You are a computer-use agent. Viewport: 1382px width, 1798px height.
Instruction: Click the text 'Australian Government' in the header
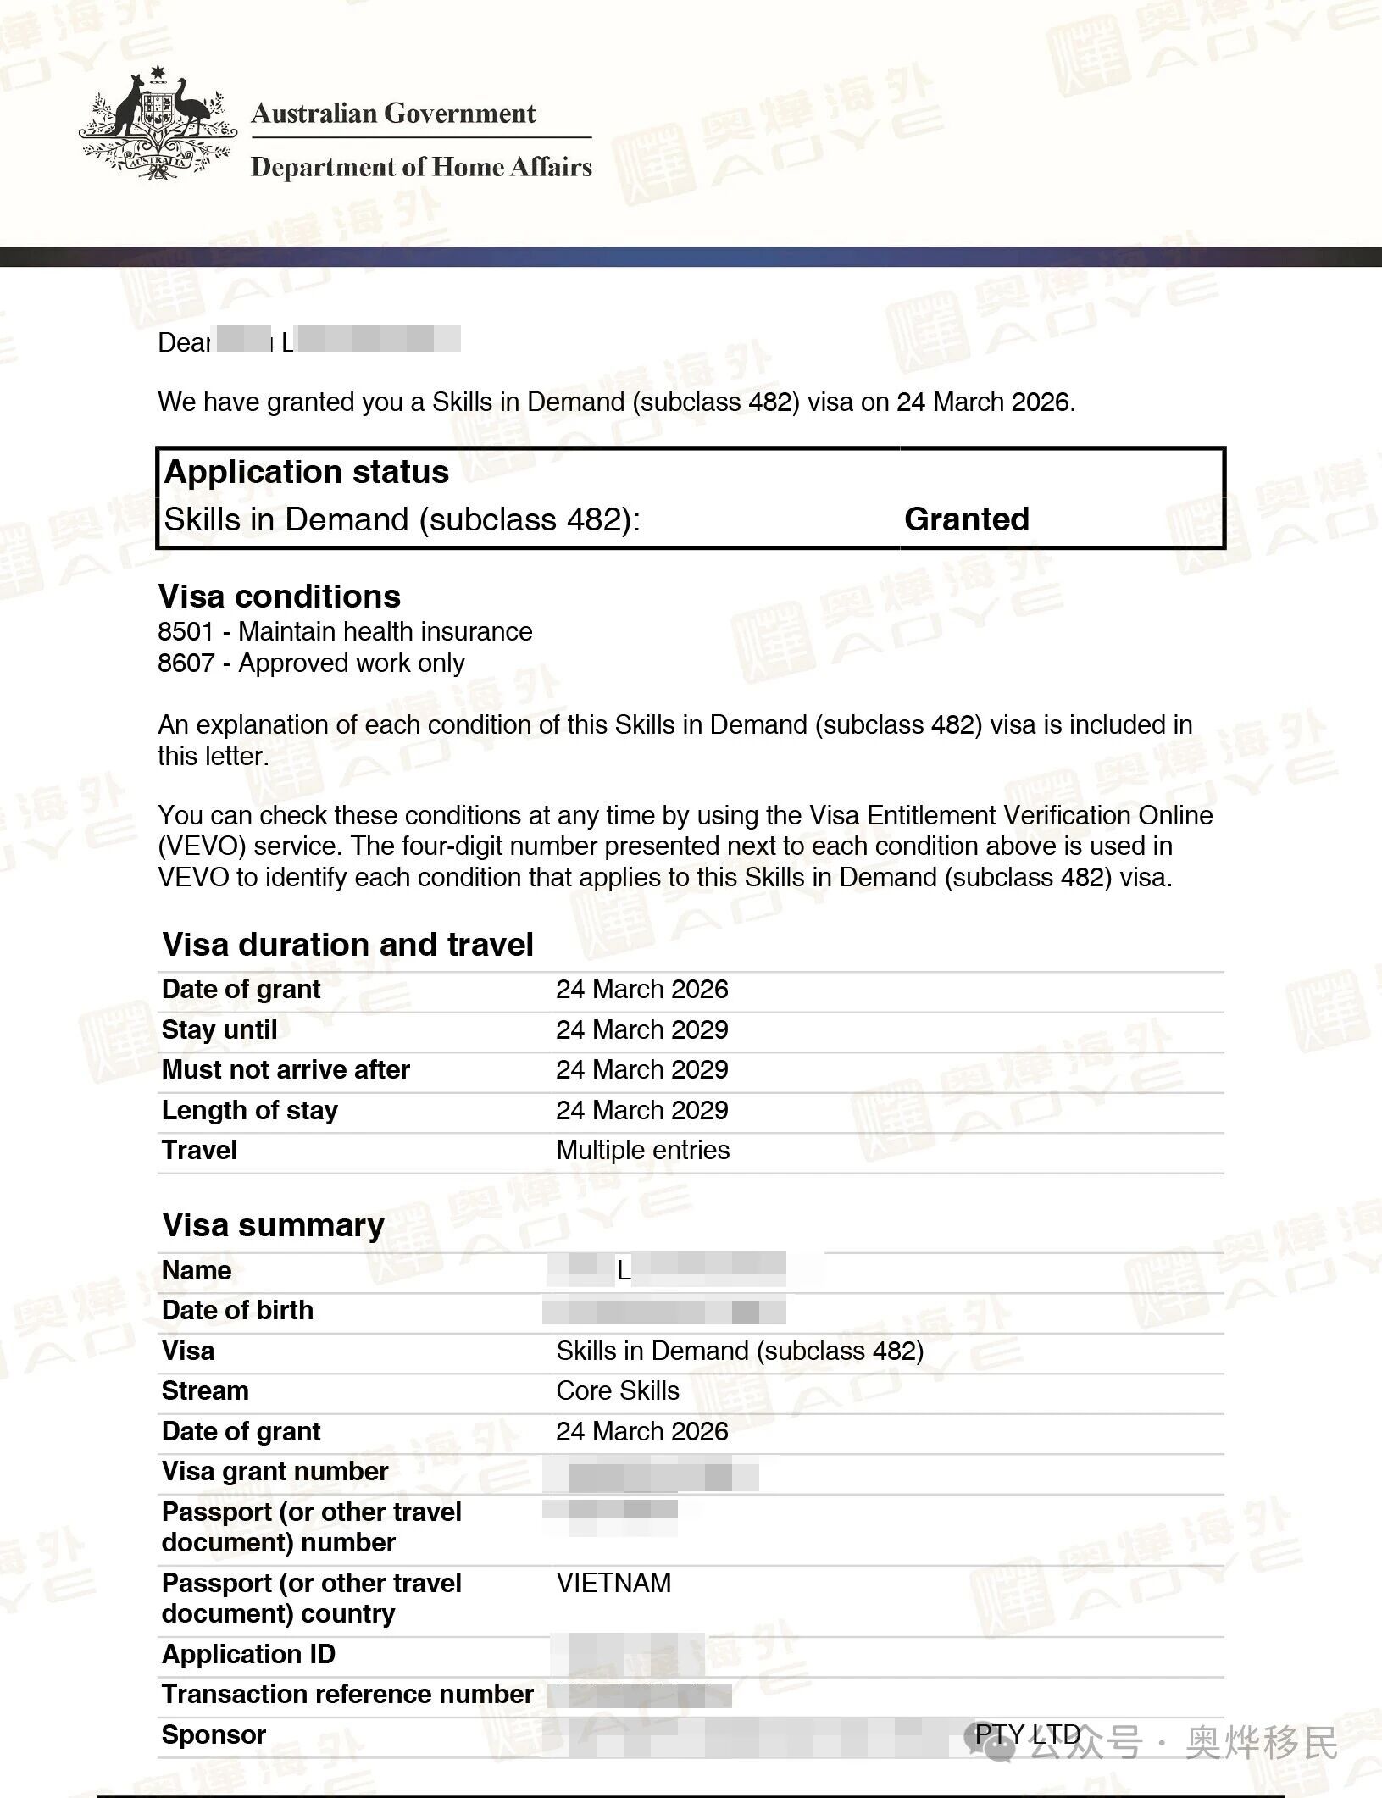coord(393,113)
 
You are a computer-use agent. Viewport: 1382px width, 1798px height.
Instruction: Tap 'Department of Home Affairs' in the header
coord(421,167)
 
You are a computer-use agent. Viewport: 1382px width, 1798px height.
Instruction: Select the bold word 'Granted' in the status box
coord(966,519)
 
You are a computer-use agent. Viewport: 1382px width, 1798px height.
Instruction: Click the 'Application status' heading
coord(306,472)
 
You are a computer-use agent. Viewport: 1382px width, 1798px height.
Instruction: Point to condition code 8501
coord(186,631)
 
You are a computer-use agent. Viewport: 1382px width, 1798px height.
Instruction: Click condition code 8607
coord(186,663)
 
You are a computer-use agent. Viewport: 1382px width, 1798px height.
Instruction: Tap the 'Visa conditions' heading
coord(279,597)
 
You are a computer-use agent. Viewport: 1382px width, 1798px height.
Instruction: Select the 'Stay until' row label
coord(219,1029)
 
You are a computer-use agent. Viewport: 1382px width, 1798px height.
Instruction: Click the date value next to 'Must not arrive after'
coord(641,1069)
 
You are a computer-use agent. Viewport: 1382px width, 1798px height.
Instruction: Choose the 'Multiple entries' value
coord(642,1150)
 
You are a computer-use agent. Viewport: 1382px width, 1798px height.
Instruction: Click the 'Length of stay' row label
coord(249,1110)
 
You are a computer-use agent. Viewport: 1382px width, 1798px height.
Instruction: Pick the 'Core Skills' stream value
coord(618,1390)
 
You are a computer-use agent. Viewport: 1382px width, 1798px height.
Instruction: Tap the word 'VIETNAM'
coord(613,1583)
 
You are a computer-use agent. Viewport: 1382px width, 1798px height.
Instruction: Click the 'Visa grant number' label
coord(275,1471)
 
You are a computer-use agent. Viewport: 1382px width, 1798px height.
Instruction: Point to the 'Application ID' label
coord(248,1654)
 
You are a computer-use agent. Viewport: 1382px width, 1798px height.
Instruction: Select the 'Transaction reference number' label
coord(347,1694)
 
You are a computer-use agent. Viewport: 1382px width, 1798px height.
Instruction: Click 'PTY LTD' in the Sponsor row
coord(1027,1734)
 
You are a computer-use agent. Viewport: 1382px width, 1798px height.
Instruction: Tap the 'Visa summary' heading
coord(273,1225)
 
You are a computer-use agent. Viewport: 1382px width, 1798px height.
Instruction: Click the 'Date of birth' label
coord(237,1310)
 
